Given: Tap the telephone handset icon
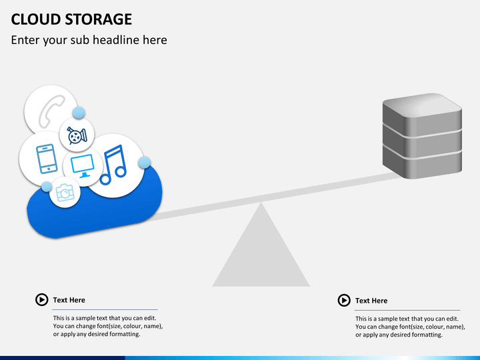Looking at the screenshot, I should [x=51, y=111].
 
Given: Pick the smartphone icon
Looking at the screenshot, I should [x=45, y=158].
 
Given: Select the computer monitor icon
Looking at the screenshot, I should [x=83, y=167].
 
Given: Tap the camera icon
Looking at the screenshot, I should [x=65, y=193].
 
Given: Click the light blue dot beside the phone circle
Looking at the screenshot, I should [x=79, y=113].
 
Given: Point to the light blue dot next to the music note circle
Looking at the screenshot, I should [x=144, y=163].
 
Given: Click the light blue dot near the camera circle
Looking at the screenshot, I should [x=47, y=187].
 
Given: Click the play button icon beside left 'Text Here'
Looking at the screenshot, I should [x=41, y=300].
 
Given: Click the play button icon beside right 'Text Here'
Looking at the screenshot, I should [x=344, y=301].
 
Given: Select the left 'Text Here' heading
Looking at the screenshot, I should [x=69, y=300].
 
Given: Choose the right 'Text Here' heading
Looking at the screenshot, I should [x=371, y=301].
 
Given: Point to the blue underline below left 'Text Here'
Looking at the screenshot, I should [x=105, y=309].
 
